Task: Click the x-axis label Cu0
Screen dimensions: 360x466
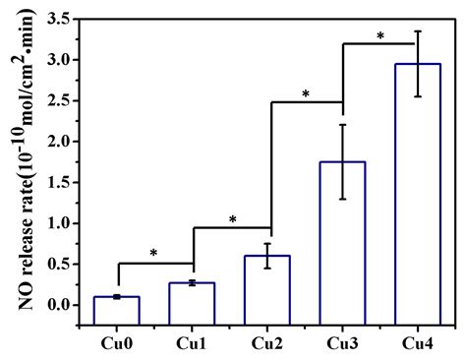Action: coord(117,341)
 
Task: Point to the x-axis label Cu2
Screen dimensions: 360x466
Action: coord(267,341)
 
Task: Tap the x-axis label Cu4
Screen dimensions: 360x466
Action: coord(419,341)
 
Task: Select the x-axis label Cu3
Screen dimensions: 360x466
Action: coord(343,341)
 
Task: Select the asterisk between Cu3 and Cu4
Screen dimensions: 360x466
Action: coord(380,37)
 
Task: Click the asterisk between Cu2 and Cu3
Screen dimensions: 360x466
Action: coord(306,94)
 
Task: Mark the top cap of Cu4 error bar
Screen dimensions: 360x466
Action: coord(419,30)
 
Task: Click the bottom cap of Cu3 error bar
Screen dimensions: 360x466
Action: coord(343,200)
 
